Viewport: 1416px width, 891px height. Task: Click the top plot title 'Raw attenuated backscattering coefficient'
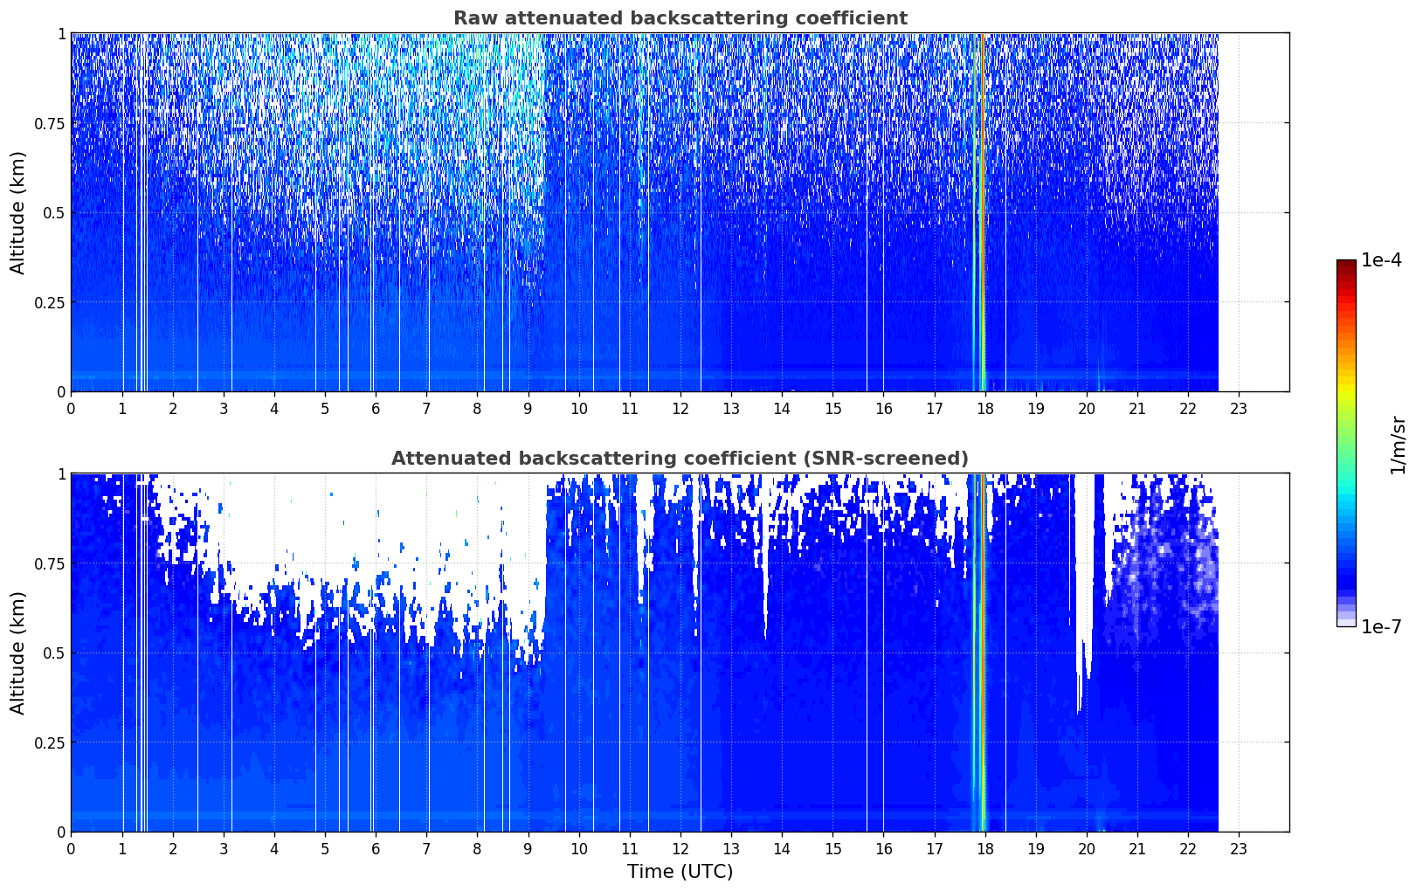tap(680, 17)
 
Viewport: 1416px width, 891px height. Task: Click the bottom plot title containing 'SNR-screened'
tap(680, 458)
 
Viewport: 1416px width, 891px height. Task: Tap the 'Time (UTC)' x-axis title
tap(680, 872)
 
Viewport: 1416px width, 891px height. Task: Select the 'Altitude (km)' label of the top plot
tap(17, 213)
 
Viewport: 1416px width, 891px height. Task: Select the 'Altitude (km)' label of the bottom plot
tap(17, 653)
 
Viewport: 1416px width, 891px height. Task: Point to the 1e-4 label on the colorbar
tap(1382, 259)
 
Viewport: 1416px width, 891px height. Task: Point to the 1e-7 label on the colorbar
tap(1382, 626)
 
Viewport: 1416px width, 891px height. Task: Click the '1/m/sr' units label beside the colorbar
tap(1398, 445)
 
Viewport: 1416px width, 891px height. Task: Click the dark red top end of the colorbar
tap(1346, 263)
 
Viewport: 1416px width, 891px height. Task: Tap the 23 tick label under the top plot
tap(1239, 409)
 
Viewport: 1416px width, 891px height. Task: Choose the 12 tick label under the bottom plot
tap(680, 849)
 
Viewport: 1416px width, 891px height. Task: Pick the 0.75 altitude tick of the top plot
tap(49, 124)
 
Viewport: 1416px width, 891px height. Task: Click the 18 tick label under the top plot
tap(984, 409)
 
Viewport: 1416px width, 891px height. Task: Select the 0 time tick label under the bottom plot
tap(71, 849)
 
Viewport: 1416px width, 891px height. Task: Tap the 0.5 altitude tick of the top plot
tap(54, 213)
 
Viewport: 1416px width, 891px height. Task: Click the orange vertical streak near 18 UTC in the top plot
tap(983, 212)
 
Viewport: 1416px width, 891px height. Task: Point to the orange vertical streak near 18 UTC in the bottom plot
tap(983, 653)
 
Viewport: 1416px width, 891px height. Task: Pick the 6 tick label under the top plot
tap(376, 409)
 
